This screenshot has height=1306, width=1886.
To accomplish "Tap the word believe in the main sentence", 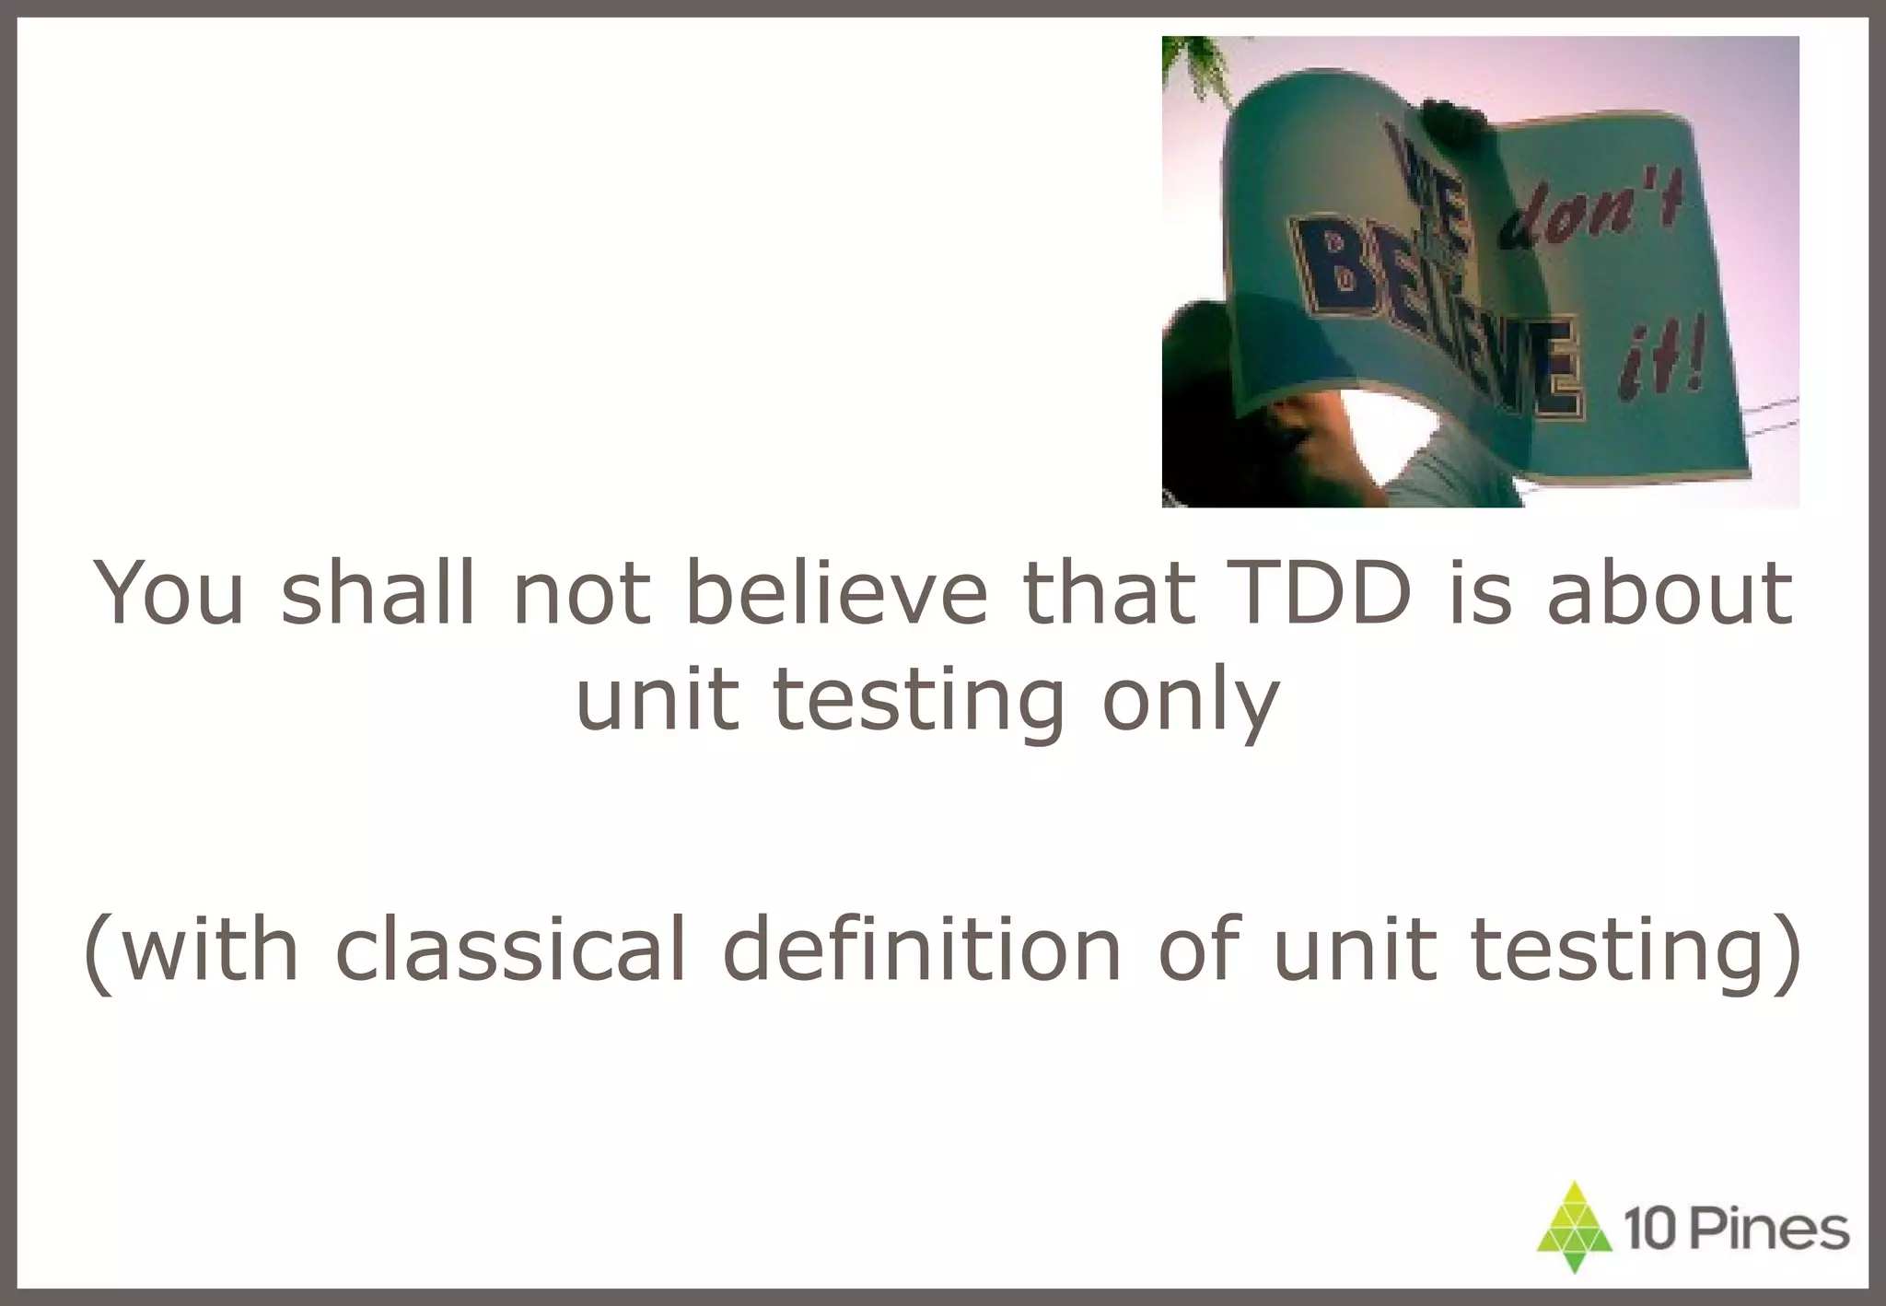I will (835, 592).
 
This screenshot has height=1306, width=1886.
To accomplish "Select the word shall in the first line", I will (378, 592).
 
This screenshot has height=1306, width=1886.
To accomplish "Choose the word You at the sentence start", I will (169, 592).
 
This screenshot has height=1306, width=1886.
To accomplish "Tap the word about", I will (1669, 592).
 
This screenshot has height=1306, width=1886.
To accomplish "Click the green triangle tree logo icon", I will (1575, 1228).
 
